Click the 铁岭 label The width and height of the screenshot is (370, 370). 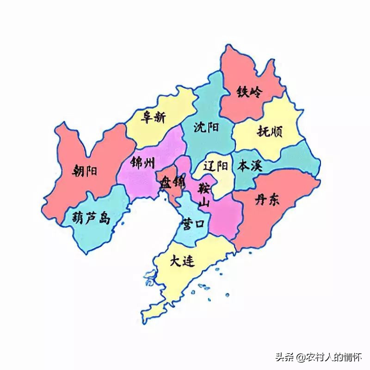point(249,92)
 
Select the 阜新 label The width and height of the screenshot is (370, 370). point(153,117)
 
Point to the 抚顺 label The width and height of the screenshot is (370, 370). point(272,132)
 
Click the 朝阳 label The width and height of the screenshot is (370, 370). point(86,172)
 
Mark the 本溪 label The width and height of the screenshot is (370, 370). point(250,166)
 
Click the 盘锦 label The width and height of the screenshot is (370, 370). point(173,183)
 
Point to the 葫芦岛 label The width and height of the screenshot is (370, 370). point(92,218)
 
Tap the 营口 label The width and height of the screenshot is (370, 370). point(193,223)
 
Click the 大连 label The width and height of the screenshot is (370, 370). point(182,262)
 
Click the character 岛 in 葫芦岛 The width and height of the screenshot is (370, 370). point(105,218)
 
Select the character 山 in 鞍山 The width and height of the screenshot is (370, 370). point(204,202)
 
